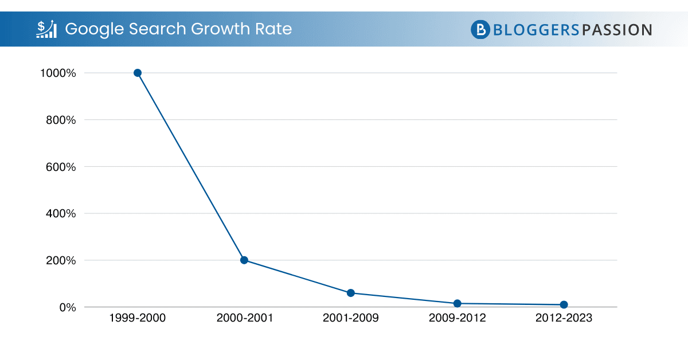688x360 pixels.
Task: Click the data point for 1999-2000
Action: (138, 73)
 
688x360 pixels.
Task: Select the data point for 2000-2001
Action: (244, 260)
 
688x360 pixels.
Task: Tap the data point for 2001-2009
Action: (351, 293)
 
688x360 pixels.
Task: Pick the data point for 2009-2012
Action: (458, 303)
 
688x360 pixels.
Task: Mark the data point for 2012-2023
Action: (564, 304)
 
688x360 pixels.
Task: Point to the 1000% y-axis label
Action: (57, 73)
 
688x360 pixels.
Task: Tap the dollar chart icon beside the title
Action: (46, 29)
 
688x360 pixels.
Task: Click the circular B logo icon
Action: (480, 29)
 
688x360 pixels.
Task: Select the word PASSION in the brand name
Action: (616, 29)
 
